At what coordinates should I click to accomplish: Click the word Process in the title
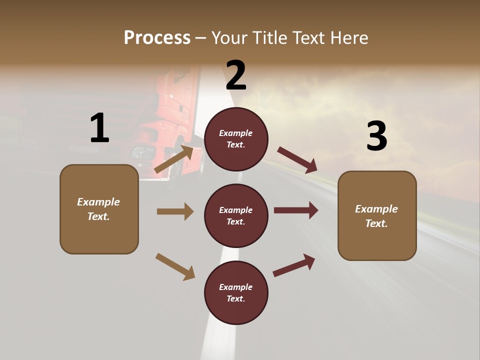[157, 38]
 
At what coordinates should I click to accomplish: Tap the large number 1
[99, 128]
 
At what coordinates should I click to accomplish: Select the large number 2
[236, 75]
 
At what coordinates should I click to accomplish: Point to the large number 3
[376, 136]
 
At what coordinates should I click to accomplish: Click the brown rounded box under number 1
[99, 209]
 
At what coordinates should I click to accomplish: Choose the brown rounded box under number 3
[377, 215]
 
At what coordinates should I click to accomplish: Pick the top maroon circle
[236, 139]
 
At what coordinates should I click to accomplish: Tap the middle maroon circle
[236, 215]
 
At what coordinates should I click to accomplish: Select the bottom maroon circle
[236, 292]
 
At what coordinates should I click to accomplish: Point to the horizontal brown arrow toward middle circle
[175, 211]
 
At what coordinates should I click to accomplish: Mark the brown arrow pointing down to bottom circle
[175, 266]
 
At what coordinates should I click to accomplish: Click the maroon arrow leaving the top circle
[297, 160]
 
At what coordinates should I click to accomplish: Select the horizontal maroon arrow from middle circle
[296, 210]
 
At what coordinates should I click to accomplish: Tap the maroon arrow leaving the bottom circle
[294, 264]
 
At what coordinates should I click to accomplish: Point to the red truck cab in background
[175, 115]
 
